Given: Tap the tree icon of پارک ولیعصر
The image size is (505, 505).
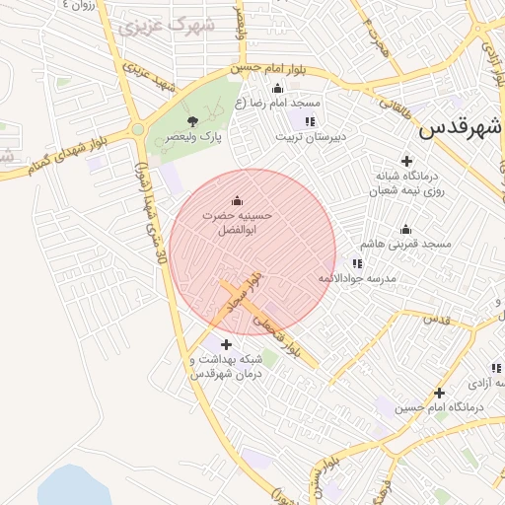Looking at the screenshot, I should tap(190, 121).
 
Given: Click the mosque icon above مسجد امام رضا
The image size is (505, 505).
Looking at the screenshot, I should tap(276, 87).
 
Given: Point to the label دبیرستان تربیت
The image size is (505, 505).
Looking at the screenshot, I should tap(310, 138).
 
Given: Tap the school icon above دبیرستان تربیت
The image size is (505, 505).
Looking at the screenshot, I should tap(310, 121).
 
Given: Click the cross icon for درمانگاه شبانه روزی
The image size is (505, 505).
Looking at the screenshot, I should tap(405, 161).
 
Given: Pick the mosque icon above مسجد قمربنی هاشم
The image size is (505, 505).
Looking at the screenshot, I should tap(405, 229).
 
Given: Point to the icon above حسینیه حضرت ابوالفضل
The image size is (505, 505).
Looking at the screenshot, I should tap(236, 200).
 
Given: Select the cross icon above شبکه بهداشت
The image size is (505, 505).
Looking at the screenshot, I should tap(227, 344).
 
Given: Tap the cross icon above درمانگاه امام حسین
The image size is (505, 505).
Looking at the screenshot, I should tap(438, 393).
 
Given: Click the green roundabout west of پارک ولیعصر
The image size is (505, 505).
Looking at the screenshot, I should tap(138, 129).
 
